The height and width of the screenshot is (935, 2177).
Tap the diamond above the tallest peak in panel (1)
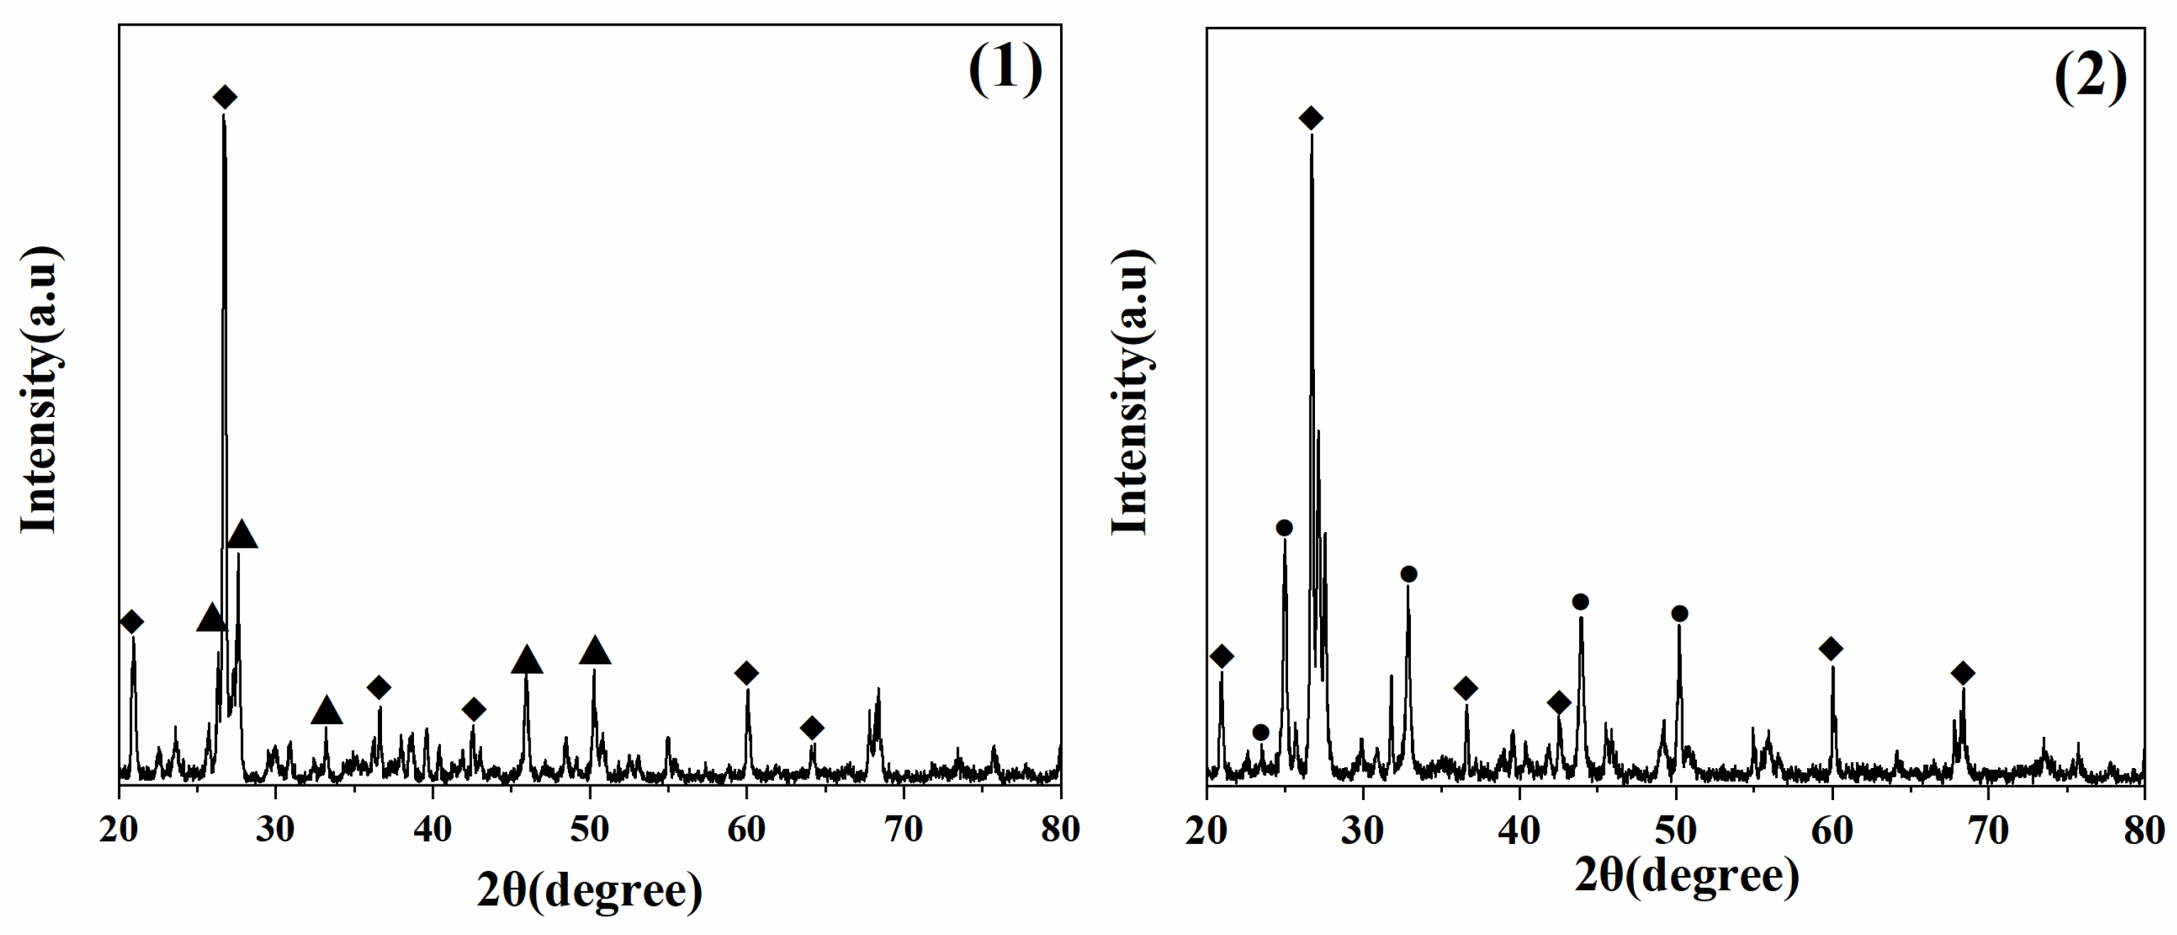[x=224, y=97]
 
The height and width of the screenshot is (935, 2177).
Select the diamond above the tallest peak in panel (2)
[x=1310, y=119]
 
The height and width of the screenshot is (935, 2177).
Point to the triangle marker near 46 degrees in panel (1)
[x=527, y=660]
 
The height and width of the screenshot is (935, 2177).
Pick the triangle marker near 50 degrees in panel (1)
[x=595, y=650]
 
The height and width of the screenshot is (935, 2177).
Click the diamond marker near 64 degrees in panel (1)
[x=812, y=727]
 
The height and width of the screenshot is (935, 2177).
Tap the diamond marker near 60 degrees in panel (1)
[x=746, y=673]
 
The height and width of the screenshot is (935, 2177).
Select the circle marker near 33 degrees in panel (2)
[x=1409, y=574]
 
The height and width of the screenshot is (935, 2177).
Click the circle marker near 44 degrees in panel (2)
[x=1581, y=602]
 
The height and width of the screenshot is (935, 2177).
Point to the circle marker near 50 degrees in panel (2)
[x=1679, y=614]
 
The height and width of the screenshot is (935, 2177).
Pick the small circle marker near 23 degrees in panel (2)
[x=1260, y=732]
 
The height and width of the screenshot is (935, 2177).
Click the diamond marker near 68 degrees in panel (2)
[x=1963, y=673]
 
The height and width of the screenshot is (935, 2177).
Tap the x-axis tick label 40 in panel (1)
[x=432, y=829]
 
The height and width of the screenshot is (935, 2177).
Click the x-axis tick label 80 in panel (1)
[x=1060, y=829]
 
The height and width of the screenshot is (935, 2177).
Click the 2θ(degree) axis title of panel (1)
[x=589, y=890]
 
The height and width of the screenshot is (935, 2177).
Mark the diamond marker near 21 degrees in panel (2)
[x=1221, y=656]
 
